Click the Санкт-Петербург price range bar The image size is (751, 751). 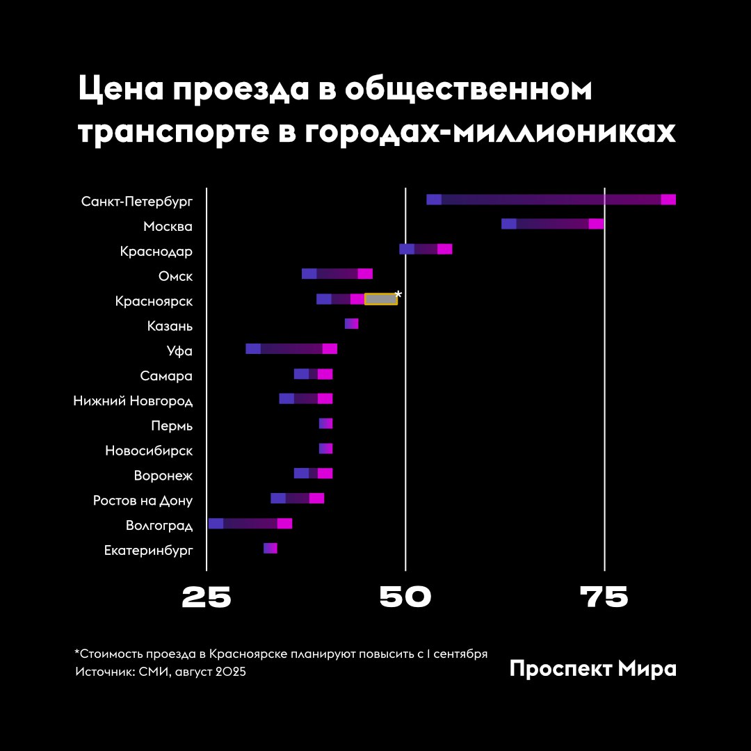click(551, 200)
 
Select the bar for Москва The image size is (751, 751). click(552, 224)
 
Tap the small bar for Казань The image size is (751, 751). click(351, 323)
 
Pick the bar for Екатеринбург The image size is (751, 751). click(270, 549)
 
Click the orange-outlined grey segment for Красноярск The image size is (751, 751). click(381, 299)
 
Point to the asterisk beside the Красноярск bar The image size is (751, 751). click(398, 295)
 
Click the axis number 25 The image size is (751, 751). click(207, 598)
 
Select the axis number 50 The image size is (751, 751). click(405, 598)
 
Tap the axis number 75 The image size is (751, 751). click(604, 598)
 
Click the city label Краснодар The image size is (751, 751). click(156, 251)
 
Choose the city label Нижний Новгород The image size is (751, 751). click(133, 401)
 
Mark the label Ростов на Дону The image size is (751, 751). click(143, 501)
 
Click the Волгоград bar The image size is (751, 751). click(250, 524)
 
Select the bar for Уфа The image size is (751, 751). click(291, 348)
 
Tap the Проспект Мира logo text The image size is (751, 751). click(592, 669)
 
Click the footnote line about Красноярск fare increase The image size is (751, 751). click(281, 654)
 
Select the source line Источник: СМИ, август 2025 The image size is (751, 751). click(161, 672)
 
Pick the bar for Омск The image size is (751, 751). click(337, 273)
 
